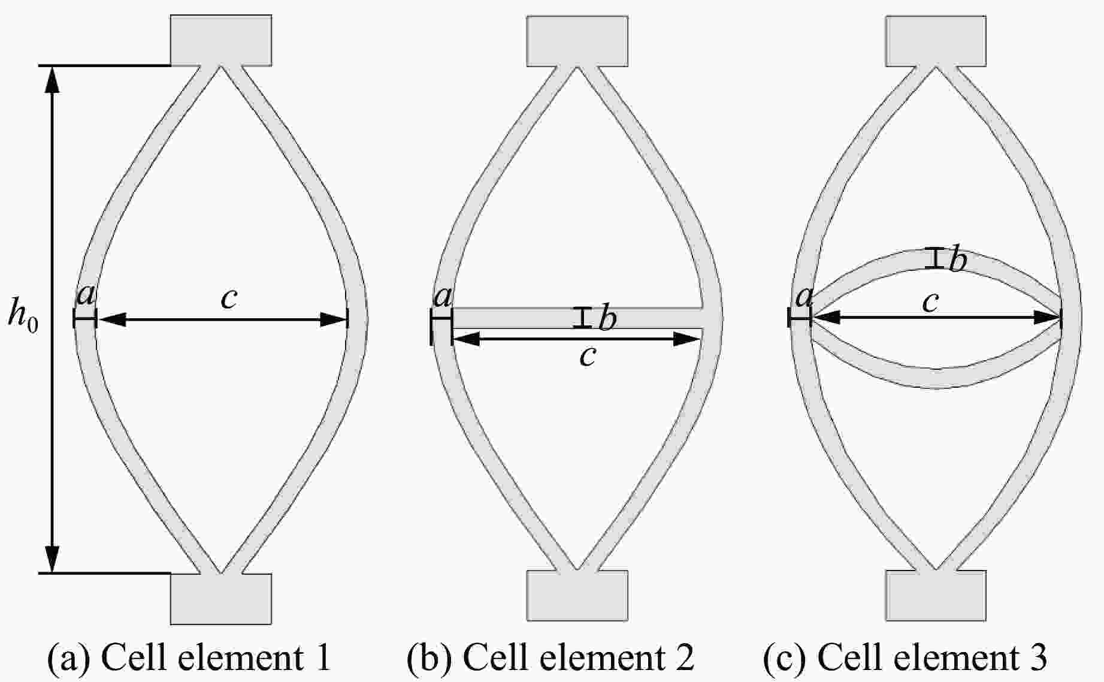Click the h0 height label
23,315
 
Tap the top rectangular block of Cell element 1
221,40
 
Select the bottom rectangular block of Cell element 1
221,599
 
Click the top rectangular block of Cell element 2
577,41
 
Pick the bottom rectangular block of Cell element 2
577,595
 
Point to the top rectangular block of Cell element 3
936,41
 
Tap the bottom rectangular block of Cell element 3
936,595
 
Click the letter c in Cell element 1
229,298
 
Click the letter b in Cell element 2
607,319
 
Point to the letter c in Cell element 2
588,356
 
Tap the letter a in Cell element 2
443,297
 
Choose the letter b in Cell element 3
958,259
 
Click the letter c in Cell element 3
930,303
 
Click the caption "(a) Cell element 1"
189,657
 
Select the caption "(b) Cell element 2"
551,657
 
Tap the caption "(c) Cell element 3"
905,657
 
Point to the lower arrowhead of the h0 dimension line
53,560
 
